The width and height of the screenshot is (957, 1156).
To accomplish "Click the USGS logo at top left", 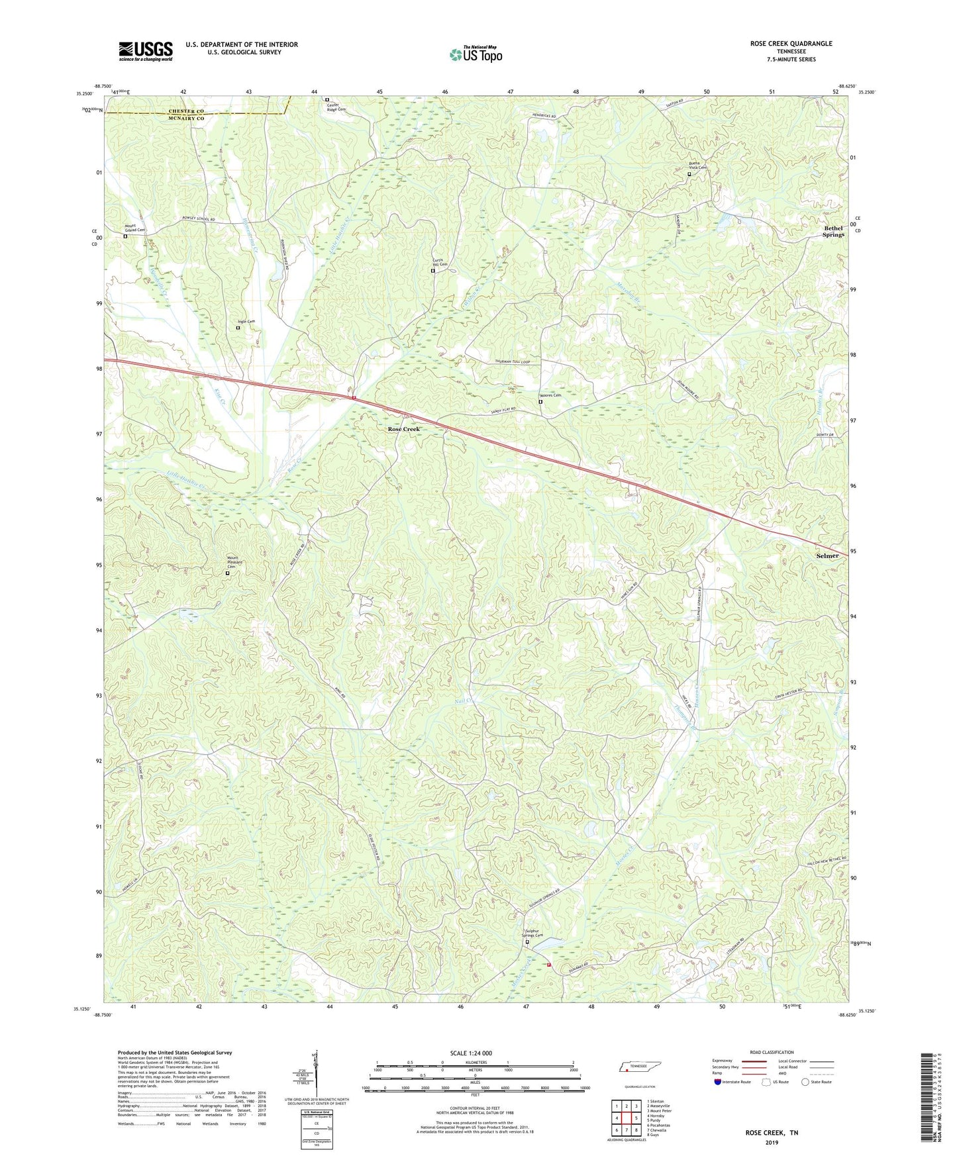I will (x=146, y=51).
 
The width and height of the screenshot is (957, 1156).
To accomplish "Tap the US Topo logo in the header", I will (x=476, y=54).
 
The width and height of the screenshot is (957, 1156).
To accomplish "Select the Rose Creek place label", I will (x=404, y=429).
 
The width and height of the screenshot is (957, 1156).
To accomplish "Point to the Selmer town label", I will (x=827, y=555).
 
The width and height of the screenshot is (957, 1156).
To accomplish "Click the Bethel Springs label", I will (x=833, y=231).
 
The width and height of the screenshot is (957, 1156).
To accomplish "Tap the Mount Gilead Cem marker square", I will (x=125, y=236).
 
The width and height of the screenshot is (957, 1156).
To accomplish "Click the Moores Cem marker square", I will (x=540, y=402).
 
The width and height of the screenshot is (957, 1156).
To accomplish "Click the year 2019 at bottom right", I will (x=772, y=1143).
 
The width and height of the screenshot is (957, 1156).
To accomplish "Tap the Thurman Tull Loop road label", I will (x=513, y=362).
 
